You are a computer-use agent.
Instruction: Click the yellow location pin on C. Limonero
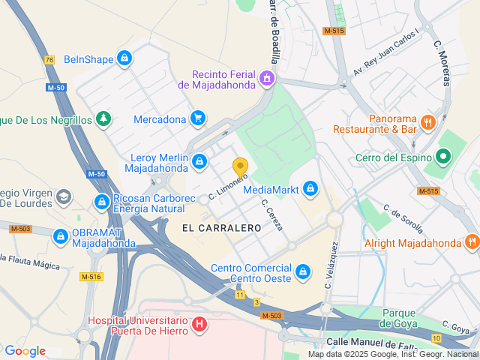240,167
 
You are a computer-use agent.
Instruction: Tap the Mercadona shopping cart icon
198,118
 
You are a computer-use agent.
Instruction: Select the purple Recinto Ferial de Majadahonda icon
265,79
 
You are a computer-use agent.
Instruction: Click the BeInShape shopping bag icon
125,58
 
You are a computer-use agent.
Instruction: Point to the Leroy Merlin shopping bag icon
199,161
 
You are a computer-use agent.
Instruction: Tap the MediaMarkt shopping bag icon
310,189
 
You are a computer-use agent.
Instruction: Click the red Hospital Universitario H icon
199,325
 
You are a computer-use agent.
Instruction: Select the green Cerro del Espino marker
443,157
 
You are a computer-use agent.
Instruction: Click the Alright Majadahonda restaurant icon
471,242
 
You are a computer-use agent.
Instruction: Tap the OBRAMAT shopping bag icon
60,236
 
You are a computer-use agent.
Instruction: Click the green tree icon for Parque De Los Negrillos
103,119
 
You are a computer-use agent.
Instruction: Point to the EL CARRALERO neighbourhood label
210,226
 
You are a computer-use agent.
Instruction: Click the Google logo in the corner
25,351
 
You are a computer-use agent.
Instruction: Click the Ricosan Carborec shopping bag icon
102,202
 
